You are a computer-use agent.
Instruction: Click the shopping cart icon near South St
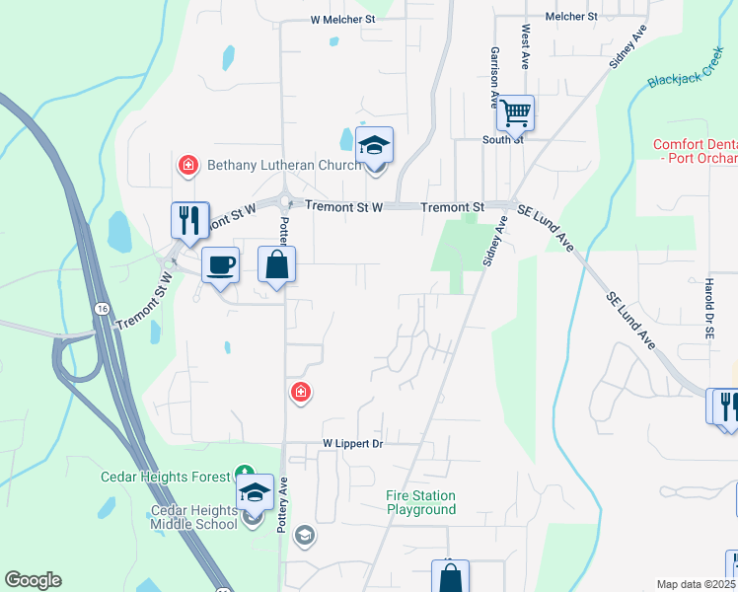tap(515, 115)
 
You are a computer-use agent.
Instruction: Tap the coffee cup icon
tap(219, 265)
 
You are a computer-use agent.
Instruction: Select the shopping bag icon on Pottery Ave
tap(276, 265)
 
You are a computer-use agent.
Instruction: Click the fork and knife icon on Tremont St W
tap(189, 220)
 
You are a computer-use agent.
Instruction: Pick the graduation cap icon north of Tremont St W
tap(374, 146)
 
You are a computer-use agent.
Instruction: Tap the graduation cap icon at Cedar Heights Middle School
tap(255, 491)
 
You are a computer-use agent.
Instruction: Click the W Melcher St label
tap(343, 19)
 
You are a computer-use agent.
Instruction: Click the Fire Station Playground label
tap(421, 502)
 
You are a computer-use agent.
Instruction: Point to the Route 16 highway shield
tap(102, 309)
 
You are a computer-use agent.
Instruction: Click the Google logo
tap(33, 580)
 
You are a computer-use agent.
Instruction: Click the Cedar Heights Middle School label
tap(194, 517)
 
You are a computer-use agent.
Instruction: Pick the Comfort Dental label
tap(695, 151)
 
